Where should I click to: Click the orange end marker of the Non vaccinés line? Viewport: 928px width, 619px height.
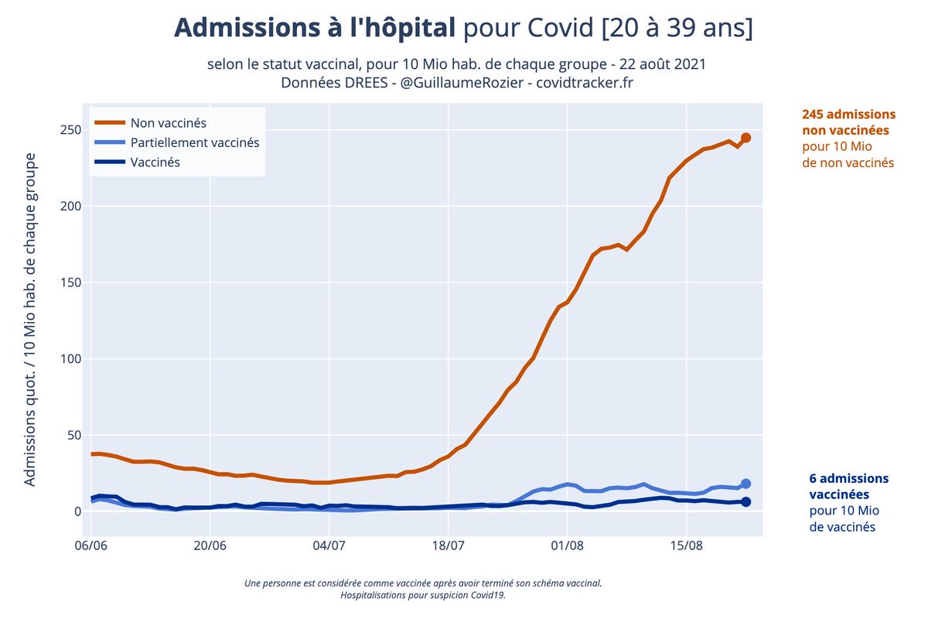(x=745, y=138)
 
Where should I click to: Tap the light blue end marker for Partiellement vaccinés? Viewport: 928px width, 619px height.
(x=745, y=484)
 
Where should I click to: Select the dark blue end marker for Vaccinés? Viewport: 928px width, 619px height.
(x=745, y=502)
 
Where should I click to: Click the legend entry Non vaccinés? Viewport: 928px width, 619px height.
(x=168, y=122)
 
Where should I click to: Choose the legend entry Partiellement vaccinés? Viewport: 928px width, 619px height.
(x=194, y=142)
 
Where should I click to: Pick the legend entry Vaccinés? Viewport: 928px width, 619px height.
(x=155, y=162)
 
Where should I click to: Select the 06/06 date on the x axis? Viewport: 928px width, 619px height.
(x=91, y=545)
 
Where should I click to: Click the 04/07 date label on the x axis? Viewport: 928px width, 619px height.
(x=329, y=545)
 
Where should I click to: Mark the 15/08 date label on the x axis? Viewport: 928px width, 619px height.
(x=687, y=545)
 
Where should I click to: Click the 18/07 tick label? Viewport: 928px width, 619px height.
(x=449, y=545)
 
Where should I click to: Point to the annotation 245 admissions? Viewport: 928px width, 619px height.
(x=848, y=114)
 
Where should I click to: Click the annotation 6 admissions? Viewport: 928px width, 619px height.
(x=848, y=478)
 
